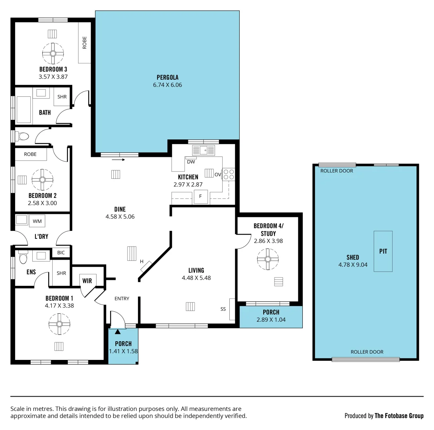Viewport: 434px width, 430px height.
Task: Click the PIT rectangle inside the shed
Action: pos(383,251)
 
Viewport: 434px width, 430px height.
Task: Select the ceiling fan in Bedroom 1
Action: pos(59,324)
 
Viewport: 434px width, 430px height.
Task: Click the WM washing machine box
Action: pos(37,221)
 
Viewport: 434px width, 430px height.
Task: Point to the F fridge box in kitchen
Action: pos(201,197)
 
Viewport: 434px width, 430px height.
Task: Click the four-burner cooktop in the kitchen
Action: pos(229,174)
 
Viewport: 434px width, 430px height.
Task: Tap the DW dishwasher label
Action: pos(191,162)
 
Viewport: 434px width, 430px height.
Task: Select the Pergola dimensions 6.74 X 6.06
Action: pos(167,85)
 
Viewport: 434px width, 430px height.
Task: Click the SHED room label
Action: pos(353,257)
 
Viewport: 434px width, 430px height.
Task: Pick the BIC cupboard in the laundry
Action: pos(61,252)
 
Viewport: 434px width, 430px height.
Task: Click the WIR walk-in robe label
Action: pos(87,281)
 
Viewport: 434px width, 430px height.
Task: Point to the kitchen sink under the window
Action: pos(203,150)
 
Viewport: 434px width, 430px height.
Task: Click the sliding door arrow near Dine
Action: pos(118,160)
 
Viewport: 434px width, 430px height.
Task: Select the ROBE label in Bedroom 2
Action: pos(30,154)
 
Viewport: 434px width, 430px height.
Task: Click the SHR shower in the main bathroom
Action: pos(62,97)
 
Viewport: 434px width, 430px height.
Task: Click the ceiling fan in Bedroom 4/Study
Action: pos(267,260)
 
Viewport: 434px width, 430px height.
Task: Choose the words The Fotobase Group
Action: pos(399,416)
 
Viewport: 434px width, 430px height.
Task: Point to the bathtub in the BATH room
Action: pos(24,109)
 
